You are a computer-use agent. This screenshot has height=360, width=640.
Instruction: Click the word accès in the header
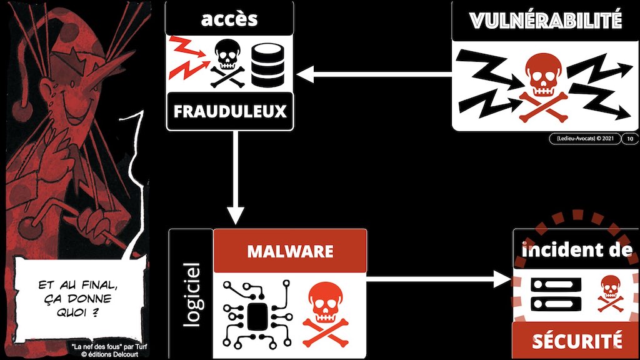229,18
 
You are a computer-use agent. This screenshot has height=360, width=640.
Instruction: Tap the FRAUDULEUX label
229,112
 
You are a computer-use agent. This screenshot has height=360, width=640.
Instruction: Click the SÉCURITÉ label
576,341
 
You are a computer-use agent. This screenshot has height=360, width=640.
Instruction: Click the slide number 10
629,139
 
